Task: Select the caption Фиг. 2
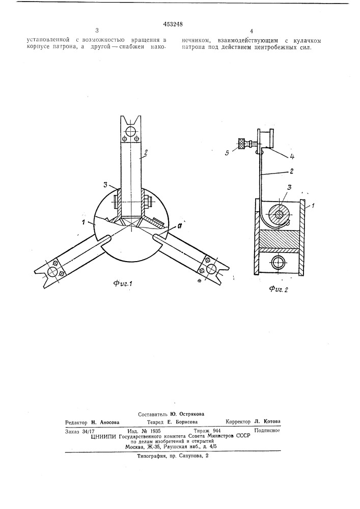coord(278,290)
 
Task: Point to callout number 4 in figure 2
coord(292,156)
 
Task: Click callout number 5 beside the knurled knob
coord(227,152)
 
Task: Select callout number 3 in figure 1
coord(105,185)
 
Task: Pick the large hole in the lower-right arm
coord(212,268)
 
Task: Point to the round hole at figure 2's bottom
coord(279,261)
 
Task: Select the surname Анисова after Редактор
coord(109,422)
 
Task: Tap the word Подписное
coord(267,431)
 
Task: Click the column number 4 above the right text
coord(251,31)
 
